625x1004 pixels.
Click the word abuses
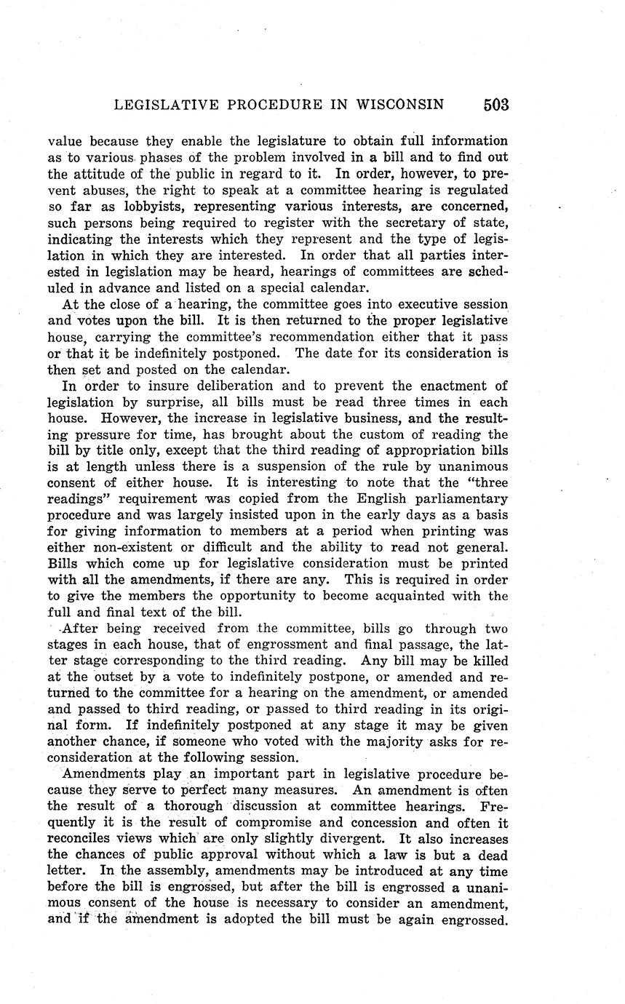103,189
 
